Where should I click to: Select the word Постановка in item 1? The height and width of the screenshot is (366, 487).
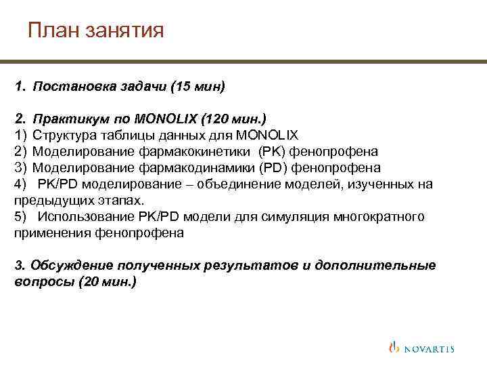click(67, 87)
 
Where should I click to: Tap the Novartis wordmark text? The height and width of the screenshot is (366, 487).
click(429, 349)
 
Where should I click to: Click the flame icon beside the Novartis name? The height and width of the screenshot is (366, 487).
click(394, 347)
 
